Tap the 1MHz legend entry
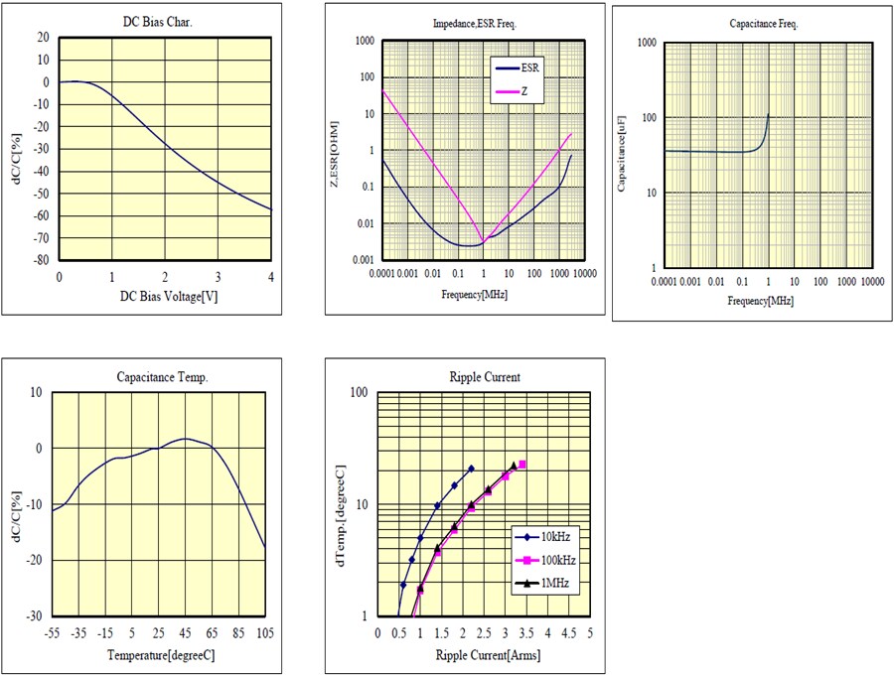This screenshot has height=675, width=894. tap(553, 584)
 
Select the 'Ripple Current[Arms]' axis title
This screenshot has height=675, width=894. tap(488, 656)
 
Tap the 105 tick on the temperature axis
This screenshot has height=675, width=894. tap(264, 632)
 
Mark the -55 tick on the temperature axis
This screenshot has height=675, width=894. tap(52, 632)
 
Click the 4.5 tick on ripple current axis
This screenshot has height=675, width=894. tap(569, 632)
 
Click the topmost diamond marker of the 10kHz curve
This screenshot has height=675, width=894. tap(471, 469)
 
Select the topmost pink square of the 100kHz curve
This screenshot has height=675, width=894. tap(522, 465)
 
